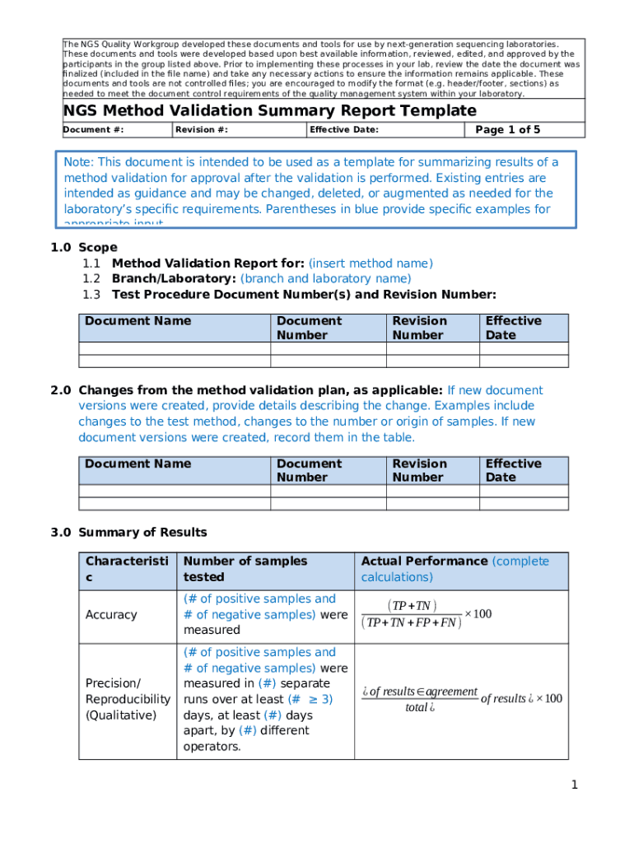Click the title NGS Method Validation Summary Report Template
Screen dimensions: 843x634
[x=269, y=111]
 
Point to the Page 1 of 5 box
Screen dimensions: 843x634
[x=508, y=129]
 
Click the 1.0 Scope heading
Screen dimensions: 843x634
[x=84, y=247]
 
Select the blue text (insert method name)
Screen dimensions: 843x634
[x=371, y=263]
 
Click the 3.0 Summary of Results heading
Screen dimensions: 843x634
[x=129, y=532]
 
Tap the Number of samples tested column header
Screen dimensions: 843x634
[x=245, y=569]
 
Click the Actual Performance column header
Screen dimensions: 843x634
[x=424, y=561]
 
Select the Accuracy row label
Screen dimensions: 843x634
[x=111, y=615]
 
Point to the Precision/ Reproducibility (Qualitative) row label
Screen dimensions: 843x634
[x=128, y=699]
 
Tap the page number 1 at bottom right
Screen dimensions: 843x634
[x=575, y=785]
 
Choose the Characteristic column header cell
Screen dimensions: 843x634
[x=127, y=569]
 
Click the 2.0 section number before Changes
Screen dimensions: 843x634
[x=61, y=390]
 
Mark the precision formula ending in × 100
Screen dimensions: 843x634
[x=461, y=699]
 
